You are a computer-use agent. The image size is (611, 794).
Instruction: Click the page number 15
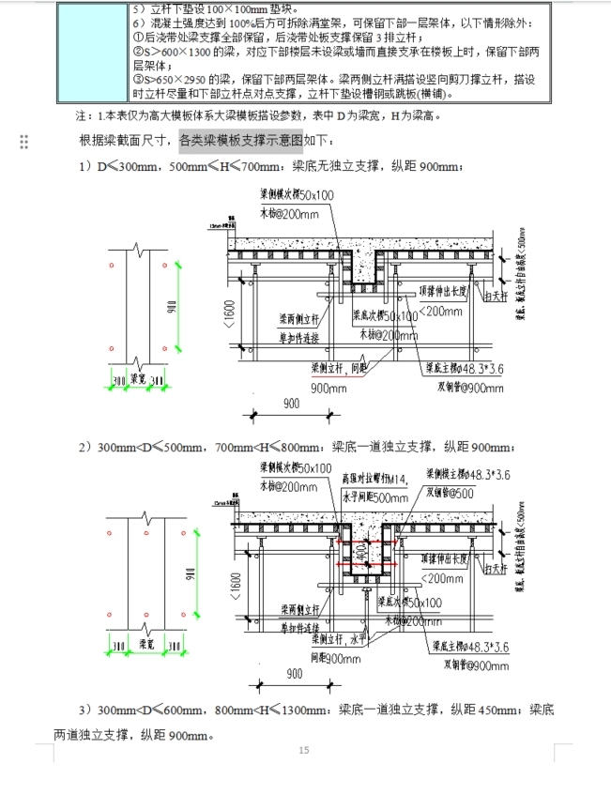point(303,750)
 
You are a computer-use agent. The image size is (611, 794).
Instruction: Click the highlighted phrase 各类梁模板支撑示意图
point(241,140)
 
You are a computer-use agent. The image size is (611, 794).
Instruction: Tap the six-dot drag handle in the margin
point(23,141)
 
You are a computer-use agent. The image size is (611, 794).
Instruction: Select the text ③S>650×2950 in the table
point(169,79)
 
